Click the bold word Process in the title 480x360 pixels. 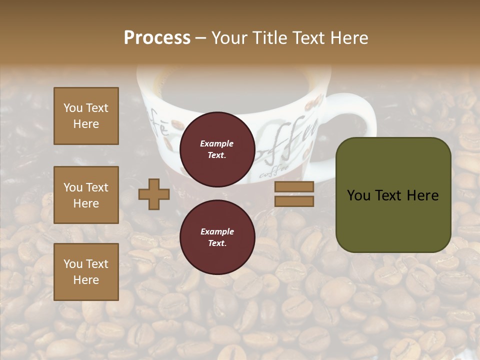[x=157, y=38]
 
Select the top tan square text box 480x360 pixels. [x=86, y=116]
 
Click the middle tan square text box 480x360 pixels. [x=86, y=195]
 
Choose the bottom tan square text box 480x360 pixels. [x=86, y=272]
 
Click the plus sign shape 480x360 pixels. [x=154, y=194]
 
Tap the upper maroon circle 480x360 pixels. [x=217, y=149]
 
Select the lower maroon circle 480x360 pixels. [x=217, y=237]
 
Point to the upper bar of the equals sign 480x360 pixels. [x=294, y=187]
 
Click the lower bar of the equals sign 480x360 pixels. [x=294, y=201]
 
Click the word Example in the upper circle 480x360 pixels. [x=217, y=144]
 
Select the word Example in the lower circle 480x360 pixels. [x=217, y=232]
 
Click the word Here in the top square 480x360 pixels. [x=86, y=124]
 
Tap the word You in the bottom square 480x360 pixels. [x=73, y=264]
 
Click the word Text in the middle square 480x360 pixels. [x=97, y=187]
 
